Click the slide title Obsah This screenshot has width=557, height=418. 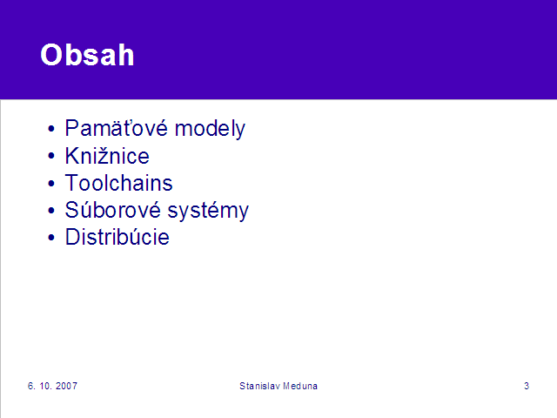click(x=87, y=55)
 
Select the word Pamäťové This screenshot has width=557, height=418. click(x=116, y=128)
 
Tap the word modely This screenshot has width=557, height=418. click(x=210, y=129)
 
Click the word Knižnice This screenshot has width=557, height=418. click(x=107, y=156)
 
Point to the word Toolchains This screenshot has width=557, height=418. click(x=118, y=183)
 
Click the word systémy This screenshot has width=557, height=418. click(x=208, y=211)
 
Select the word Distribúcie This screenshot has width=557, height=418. click(x=117, y=237)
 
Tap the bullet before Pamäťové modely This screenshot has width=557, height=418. click(x=51, y=129)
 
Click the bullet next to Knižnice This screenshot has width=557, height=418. click(x=51, y=156)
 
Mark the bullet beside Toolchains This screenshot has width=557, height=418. click(x=51, y=183)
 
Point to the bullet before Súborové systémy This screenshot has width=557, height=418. click(x=51, y=210)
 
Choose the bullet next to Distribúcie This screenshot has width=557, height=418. click(x=51, y=237)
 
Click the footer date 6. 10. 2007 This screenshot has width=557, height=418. click(x=52, y=386)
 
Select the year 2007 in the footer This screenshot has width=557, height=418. click(x=66, y=386)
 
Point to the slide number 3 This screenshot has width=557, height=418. click(x=527, y=386)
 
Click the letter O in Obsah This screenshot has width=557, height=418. click(x=52, y=55)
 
